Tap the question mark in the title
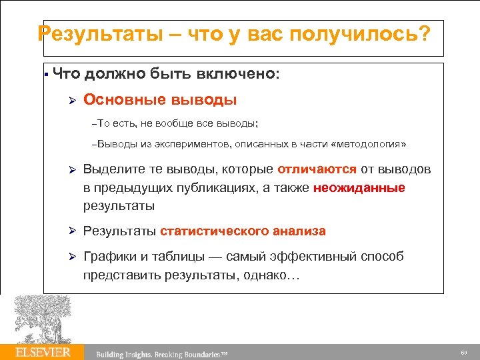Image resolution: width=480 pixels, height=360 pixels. [425, 33]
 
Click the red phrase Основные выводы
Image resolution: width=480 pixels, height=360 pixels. [160, 100]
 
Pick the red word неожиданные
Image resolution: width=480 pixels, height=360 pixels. [365, 187]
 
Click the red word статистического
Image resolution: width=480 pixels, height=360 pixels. [214, 231]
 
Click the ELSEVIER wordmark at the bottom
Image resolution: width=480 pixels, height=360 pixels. [43, 351]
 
